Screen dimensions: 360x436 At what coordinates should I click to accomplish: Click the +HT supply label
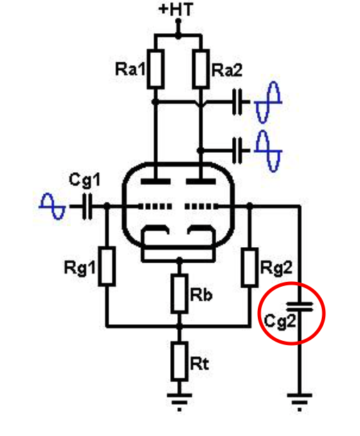176,9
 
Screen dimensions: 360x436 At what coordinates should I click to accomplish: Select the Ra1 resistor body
156,69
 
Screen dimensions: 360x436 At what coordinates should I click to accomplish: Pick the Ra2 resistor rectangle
201,69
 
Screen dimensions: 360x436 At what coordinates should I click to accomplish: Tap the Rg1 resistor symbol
107,267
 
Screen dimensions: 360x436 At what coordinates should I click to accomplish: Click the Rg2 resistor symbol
249,267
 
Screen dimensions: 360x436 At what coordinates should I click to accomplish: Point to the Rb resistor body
179,293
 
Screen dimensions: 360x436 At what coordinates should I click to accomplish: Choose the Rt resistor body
179,362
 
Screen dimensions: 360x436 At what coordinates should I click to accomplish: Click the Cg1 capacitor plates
87,207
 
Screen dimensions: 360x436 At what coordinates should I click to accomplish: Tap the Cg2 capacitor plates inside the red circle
300,307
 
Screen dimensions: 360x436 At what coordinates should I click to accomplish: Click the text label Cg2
279,321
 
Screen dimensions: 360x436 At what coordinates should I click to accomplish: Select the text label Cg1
84,180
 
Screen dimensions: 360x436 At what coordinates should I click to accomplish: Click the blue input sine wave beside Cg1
52,206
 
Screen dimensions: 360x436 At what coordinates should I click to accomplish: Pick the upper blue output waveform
268,102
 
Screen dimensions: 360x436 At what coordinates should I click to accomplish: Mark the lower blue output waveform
268,151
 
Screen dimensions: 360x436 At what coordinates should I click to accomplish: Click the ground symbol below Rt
179,401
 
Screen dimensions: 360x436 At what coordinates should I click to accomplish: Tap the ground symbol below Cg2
300,401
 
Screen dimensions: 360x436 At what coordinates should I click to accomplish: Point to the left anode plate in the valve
156,182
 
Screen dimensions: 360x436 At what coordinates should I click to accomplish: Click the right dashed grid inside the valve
202,206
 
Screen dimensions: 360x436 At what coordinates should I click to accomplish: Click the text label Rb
201,294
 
